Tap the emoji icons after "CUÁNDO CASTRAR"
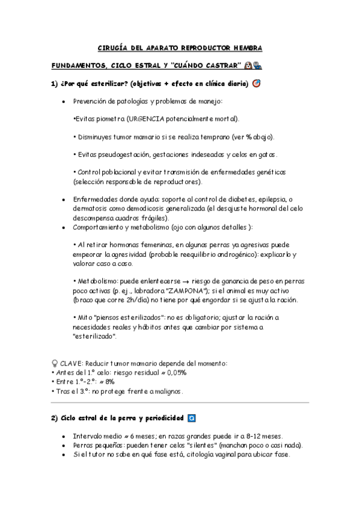pos(253,65)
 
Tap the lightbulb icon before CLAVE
pos(55,363)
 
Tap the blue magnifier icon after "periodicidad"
pos(192,417)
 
